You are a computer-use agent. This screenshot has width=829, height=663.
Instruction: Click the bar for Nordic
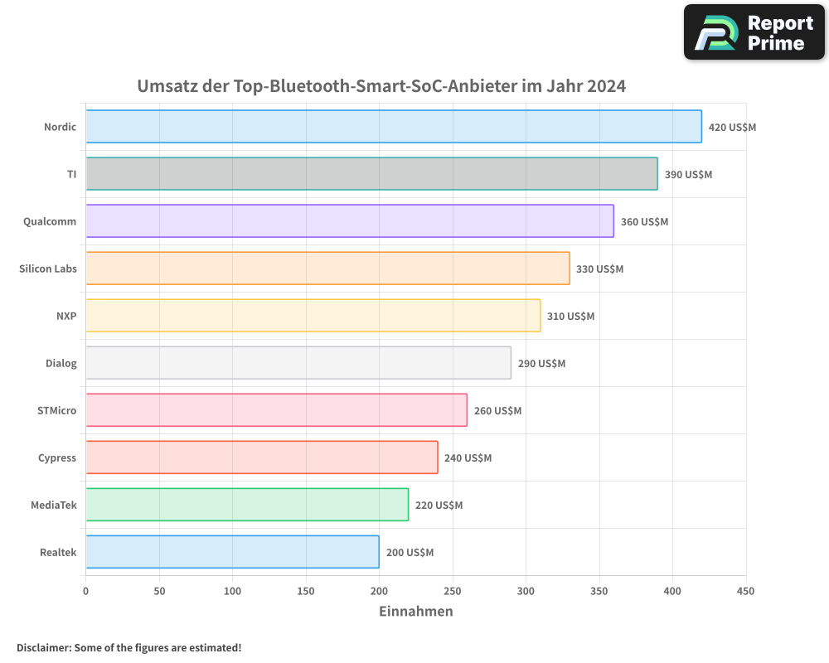click(394, 127)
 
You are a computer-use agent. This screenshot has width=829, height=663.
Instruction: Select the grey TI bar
click(371, 174)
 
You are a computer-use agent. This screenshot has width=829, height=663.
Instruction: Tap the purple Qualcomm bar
click(350, 221)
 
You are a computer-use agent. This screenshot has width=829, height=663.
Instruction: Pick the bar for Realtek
click(232, 552)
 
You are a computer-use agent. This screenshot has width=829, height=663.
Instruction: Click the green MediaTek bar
click(247, 505)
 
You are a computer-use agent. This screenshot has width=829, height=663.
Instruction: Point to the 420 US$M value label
click(732, 128)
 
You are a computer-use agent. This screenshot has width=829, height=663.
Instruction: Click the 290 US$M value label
click(541, 364)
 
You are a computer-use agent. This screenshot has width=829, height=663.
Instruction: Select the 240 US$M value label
click(468, 458)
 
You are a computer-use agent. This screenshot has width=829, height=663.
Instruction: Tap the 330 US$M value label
click(599, 269)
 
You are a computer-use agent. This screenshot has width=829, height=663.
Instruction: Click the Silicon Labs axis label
click(48, 269)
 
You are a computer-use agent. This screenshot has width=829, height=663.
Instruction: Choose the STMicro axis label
click(56, 410)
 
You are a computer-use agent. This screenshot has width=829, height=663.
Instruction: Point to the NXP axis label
click(66, 316)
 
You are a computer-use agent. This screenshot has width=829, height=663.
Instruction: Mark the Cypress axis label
click(57, 457)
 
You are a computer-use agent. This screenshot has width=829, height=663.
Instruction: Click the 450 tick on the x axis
click(746, 592)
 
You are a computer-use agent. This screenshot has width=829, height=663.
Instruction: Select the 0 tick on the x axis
click(85, 592)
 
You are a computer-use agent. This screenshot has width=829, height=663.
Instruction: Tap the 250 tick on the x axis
click(453, 592)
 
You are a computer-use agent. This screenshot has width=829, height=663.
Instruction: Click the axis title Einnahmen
click(416, 612)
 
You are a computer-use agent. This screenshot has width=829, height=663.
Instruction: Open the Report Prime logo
click(754, 32)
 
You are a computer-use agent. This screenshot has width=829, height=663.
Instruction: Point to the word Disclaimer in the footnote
click(42, 647)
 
